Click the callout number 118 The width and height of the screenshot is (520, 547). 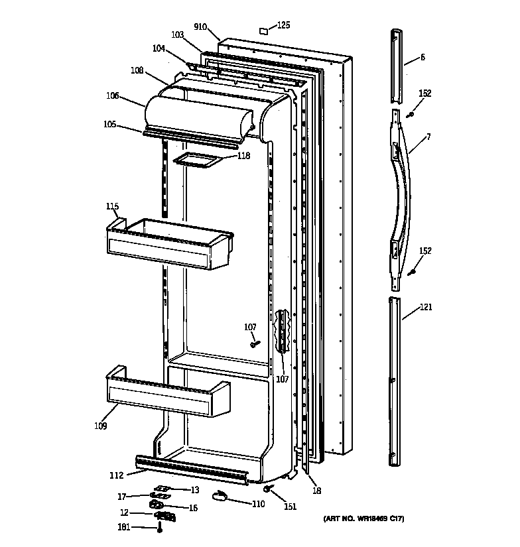click(244, 156)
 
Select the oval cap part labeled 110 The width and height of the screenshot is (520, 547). click(220, 496)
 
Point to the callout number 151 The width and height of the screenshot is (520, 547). click(289, 508)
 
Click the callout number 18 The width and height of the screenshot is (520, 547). click(317, 491)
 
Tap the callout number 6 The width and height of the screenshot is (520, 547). click(422, 58)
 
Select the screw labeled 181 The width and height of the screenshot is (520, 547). click(160, 528)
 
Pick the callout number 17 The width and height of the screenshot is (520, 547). click(122, 496)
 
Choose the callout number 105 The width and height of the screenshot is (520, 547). click(110, 123)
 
